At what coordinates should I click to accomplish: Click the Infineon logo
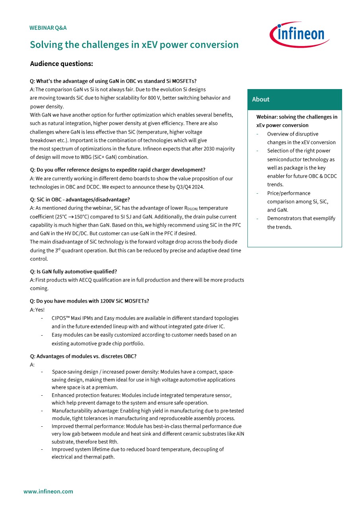point(299,34)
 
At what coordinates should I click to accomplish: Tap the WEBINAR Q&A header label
point(48,28)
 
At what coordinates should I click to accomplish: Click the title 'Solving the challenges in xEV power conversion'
point(134,45)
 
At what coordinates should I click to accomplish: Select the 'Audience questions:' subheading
point(61,64)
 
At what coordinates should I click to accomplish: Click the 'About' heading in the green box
point(261,99)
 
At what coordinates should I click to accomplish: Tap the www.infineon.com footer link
point(48,492)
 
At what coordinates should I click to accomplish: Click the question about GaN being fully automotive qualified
point(73,272)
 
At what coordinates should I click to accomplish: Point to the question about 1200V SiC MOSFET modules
point(90,301)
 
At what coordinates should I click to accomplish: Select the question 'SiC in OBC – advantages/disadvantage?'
point(80,200)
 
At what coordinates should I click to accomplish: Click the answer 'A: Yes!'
point(37,310)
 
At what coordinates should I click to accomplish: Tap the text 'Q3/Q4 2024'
point(190,187)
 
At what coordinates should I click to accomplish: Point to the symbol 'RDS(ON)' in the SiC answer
point(191,208)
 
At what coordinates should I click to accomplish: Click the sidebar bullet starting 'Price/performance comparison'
point(298,202)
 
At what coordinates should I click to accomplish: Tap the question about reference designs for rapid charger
point(118,170)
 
